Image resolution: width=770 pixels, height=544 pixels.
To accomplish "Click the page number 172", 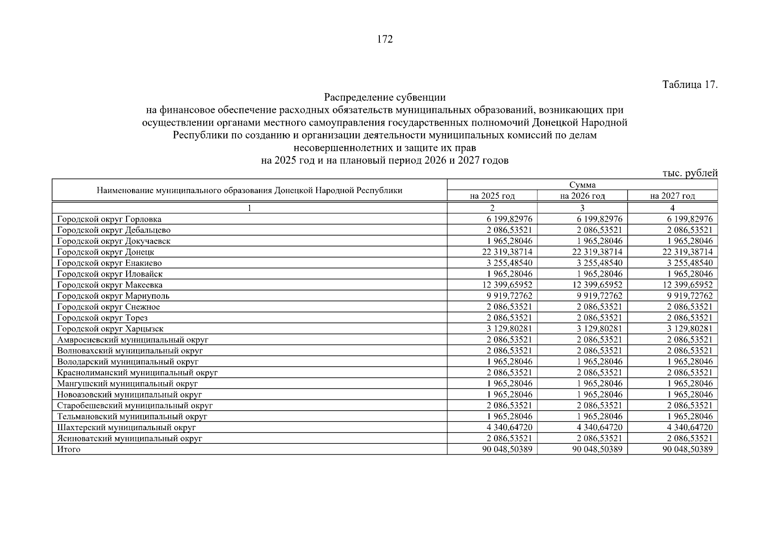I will (x=385, y=39).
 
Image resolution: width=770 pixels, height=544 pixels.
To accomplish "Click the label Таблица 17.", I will (x=690, y=85).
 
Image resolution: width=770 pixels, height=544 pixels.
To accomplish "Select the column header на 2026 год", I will (x=582, y=196).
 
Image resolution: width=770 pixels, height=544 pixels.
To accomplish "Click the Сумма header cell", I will (x=582, y=185).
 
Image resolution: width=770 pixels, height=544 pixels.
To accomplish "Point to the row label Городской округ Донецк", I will (x=106, y=252).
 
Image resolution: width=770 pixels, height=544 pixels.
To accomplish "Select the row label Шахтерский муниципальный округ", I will (x=127, y=427).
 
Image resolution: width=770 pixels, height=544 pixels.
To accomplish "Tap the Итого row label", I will (x=69, y=449).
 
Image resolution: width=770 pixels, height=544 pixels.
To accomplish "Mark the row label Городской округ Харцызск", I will (x=110, y=329).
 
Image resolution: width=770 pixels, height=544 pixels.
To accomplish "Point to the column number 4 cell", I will (x=672, y=208).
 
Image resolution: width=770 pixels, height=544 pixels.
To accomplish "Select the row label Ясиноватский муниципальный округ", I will (x=129, y=438).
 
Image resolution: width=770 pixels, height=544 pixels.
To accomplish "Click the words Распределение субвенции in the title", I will (x=385, y=97).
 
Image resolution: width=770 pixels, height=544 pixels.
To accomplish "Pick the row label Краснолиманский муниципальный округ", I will (x=137, y=373).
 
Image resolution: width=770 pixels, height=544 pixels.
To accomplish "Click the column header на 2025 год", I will (x=492, y=196).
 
